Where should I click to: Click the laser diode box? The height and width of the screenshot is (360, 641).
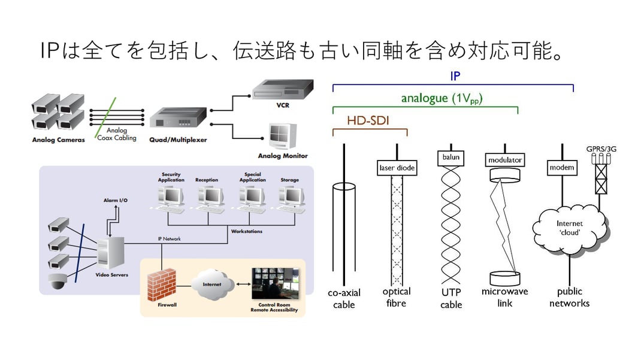click(x=397, y=168)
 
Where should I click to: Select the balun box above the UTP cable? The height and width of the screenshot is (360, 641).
click(x=451, y=157)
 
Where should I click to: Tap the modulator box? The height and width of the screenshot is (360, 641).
click(x=504, y=160)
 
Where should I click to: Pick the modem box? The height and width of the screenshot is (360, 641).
click(x=562, y=168)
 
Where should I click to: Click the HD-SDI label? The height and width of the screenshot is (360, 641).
click(x=368, y=121)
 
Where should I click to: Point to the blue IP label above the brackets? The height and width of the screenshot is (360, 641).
click(x=455, y=77)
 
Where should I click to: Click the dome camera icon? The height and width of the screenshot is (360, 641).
click(x=58, y=281)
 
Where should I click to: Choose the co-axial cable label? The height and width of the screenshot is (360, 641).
click(x=344, y=299)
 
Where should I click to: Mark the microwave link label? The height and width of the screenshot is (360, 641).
click(x=504, y=297)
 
